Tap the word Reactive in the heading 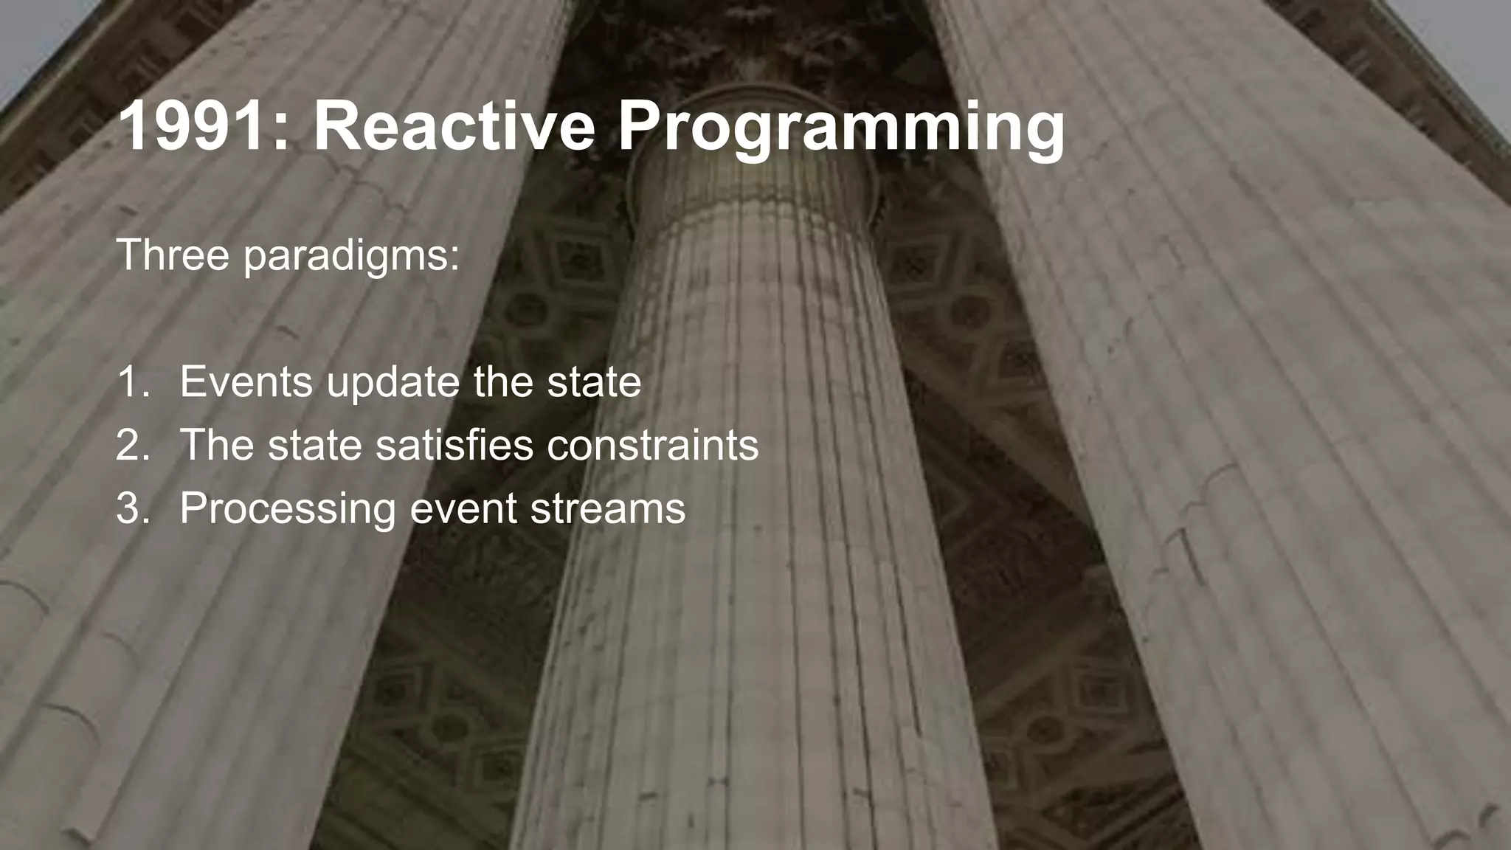(x=454, y=127)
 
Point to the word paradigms (x=351, y=256)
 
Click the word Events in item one (x=246, y=382)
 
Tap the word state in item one (x=594, y=382)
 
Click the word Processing (x=288, y=509)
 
